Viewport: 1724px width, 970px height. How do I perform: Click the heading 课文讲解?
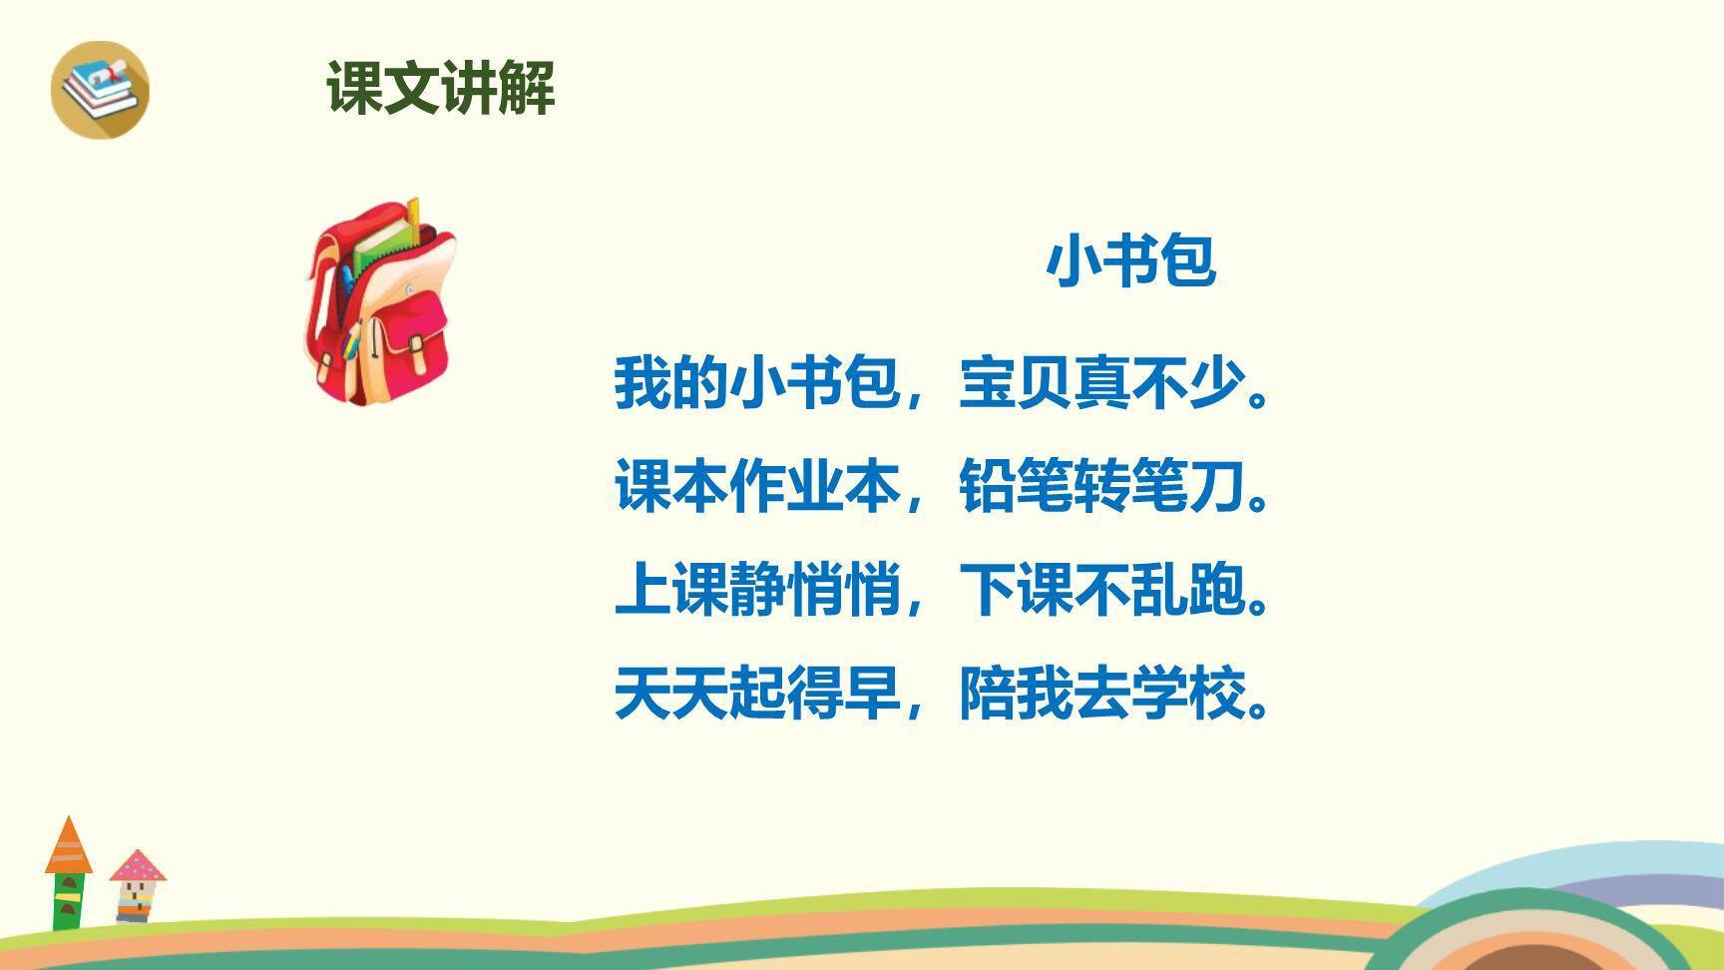(440, 88)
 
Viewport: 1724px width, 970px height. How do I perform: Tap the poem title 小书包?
(1130, 261)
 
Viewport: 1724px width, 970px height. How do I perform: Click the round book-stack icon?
(100, 89)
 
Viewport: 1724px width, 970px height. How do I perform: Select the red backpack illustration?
(380, 304)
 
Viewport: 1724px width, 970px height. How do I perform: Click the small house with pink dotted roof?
(137, 884)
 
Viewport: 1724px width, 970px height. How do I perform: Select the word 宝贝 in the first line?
(1016, 383)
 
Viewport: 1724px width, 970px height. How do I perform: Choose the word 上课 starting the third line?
(671, 590)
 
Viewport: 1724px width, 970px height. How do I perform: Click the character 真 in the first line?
(1101, 383)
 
